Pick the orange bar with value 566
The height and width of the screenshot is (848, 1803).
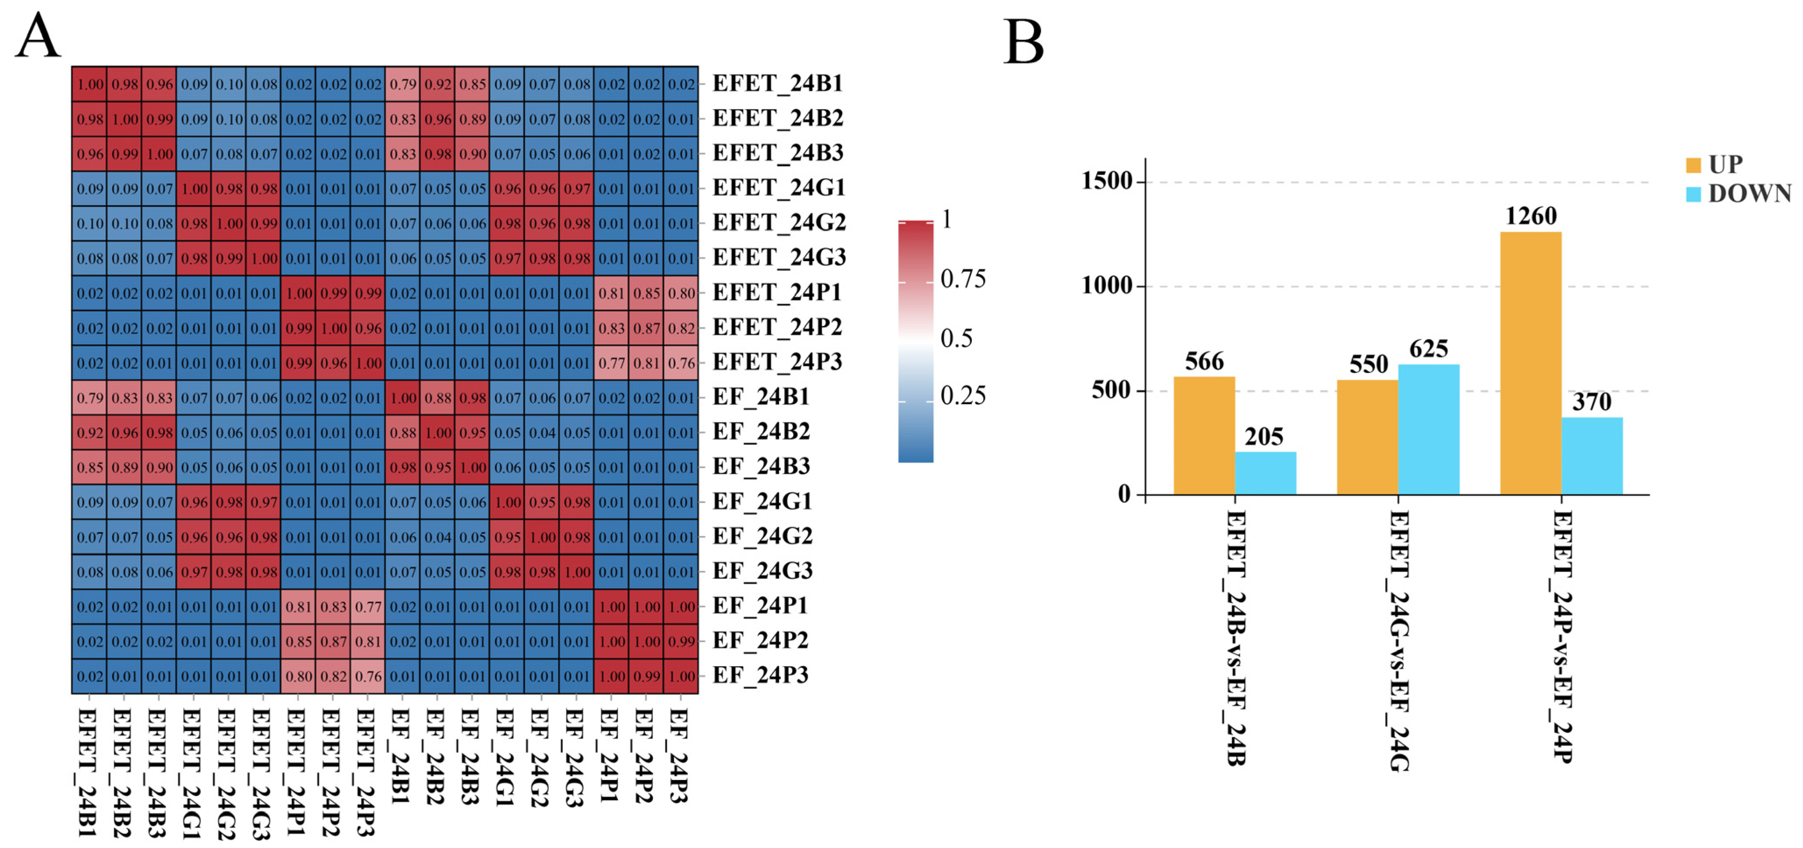[x=1204, y=436]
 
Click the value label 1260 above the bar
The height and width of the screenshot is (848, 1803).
[x=1531, y=216]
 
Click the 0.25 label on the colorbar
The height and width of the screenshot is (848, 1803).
[x=963, y=396]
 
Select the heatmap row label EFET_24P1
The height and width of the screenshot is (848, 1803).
[x=776, y=293]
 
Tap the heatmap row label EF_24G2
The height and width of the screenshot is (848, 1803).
[x=762, y=536]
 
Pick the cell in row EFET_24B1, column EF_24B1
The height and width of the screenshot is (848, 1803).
[x=402, y=84]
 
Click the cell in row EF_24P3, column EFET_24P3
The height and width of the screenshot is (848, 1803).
[x=368, y=677]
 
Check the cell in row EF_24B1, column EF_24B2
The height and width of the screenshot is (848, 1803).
[x=438, y=398]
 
